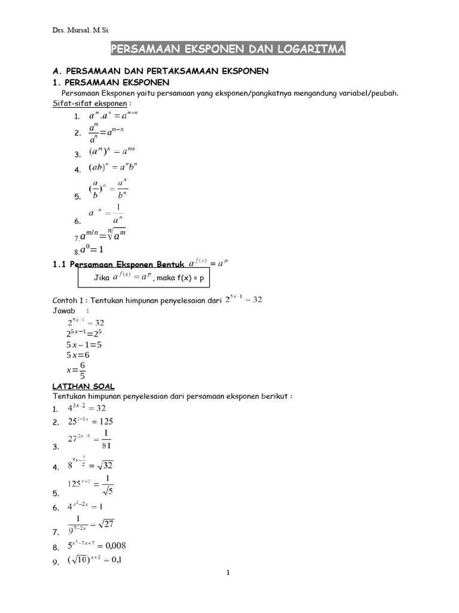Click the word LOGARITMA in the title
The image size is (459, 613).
[x=314, y=49]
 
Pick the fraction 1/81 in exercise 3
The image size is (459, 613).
[x=106, y=439]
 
